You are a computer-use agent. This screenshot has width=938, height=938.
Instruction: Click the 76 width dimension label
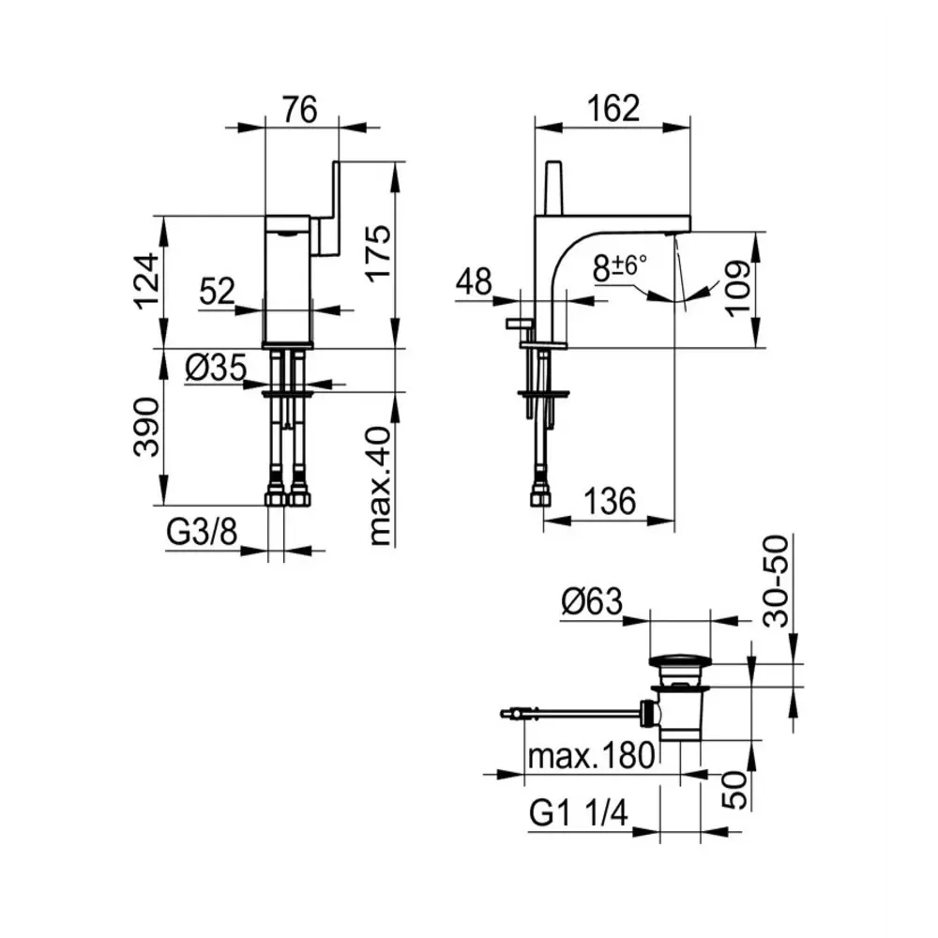(x=300, y=110)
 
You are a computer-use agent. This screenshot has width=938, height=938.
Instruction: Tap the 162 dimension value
(x=613, y=108)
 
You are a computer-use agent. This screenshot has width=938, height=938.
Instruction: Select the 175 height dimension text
(x=378, y=253)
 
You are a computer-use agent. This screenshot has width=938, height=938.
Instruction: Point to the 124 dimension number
(x=146, y=281)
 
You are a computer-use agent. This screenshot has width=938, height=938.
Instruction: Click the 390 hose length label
(x=146, y=428)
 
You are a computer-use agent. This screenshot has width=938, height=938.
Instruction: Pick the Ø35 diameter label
(x=216, y=367)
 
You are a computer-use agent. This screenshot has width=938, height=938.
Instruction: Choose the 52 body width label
(x=217, y=292)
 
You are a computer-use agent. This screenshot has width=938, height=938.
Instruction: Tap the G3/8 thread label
(x=202, y=531)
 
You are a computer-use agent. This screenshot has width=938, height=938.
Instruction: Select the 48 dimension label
(x=475, y=281)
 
